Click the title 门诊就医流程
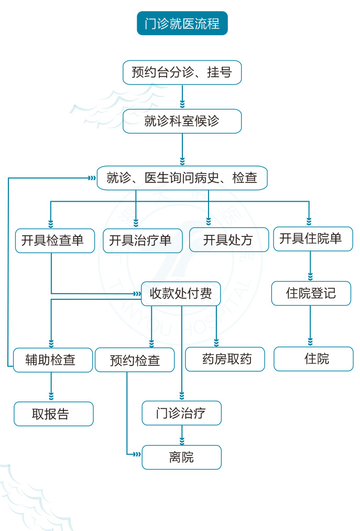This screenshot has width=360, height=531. (x=182, y=24)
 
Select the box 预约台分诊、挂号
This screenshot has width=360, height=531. (x=182, y=72)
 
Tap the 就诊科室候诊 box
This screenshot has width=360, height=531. (x=182, y=121)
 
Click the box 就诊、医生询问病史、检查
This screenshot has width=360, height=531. (x=182, y=178)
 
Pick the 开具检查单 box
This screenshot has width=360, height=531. (x=55, y=241)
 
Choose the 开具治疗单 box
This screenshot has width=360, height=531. (x=143, y=241)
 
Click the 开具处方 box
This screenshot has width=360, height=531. (x=228, y=240)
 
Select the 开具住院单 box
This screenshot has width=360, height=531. (x=313, y=239)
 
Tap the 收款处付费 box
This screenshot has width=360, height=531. (x=181, y=294)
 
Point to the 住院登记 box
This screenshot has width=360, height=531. (x=311, y=293)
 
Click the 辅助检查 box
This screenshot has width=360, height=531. (x=53, y=360)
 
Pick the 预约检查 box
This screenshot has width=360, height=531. (x=135, y=360)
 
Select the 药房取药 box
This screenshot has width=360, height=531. (x=225, y=360)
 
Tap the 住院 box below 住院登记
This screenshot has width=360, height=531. (x=313, y=359)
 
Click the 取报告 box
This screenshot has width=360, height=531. (x=53, y=414)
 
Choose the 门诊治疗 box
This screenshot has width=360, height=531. (x=182, y=413)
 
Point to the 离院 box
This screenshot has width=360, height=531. (x=182, y=457)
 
